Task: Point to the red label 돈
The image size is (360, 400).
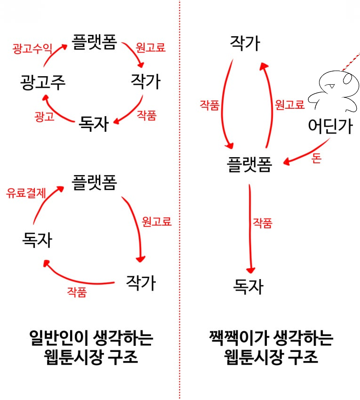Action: pyautogui.click(x=316, y=159)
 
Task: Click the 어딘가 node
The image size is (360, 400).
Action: pyautogui.click(x=330, y=126)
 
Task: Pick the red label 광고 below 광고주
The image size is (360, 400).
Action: pyautogui.click(x=45, y=116)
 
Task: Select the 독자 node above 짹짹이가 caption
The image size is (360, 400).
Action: pyautogui.click(x=248, y=286)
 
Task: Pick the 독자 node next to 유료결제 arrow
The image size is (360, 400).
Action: pyautogui.click(x=37, y=240)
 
